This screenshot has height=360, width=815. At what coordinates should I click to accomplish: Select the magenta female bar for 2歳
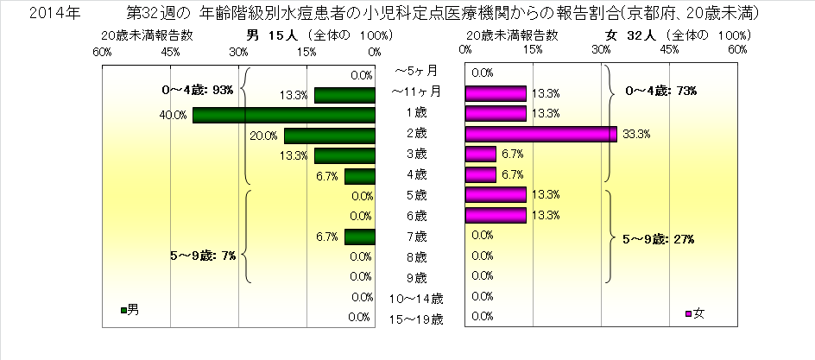tap(540, 134)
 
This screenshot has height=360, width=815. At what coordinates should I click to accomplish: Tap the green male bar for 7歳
tap(359, 237)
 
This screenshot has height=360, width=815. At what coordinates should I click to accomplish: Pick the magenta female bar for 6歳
tap(496, 215)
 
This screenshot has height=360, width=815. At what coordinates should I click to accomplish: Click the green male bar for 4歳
tap(359, 176)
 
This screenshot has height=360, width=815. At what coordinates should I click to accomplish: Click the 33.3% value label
tap(636, 134)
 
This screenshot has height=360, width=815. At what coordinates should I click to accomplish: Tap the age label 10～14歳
tap(416, 299)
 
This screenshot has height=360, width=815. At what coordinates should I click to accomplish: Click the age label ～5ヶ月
tap(416, 71)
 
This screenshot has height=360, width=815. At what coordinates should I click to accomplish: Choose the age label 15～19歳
tap(416, 319)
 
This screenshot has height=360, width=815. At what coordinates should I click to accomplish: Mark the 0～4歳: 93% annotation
tap(198, 90)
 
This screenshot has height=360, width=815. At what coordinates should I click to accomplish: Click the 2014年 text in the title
tap(35, 14)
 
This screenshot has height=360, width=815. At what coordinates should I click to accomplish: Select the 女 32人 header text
tap(635, 35)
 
